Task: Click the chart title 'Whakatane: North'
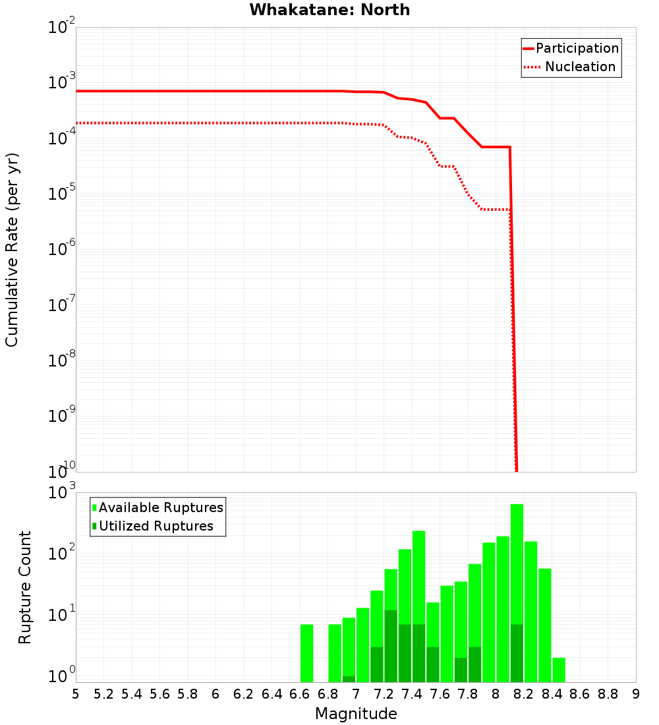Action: [329, 10]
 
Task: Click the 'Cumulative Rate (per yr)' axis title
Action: [12, 249]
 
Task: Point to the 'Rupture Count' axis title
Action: [25, 587]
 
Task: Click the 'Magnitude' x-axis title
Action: [356, 714]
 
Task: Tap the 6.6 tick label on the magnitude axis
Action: [299, 694]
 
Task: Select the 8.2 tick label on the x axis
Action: [523, 694]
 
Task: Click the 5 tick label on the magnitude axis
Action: [76, 694]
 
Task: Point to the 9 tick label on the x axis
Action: [635, 694]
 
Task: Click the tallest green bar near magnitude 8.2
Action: [517, 560]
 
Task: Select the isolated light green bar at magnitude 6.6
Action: [306, 652]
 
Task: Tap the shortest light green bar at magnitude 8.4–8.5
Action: [559, 670]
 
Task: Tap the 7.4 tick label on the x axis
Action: [411, 694]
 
